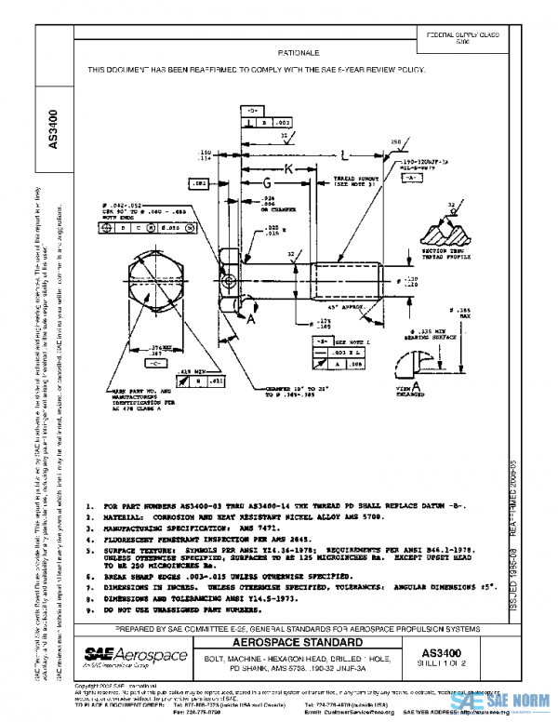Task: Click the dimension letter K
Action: (x=288, y=169)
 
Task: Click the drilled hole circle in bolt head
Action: (x=229, y=280)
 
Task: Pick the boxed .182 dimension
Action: (x=201, y=185)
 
